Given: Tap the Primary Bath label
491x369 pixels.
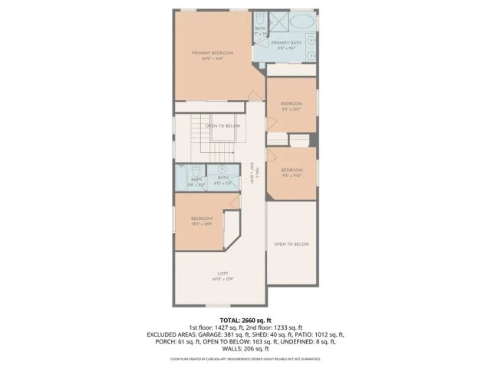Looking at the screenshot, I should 285,43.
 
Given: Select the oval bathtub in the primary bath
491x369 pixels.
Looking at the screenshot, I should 306,22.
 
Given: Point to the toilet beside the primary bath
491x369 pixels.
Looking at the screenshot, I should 259,21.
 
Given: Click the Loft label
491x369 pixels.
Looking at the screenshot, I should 222,274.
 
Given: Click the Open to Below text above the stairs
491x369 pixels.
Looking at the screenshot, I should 222,125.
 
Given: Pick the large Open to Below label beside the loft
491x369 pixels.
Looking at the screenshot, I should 292,244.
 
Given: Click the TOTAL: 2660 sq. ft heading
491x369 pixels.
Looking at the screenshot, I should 245,320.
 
